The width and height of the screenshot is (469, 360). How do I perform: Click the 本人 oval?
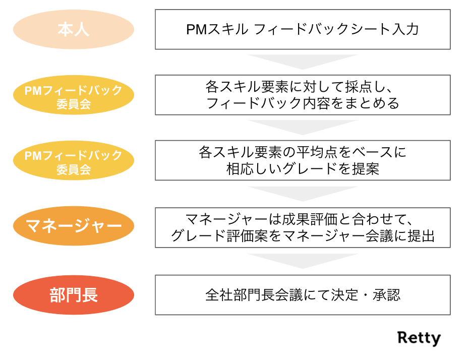click(73, 29)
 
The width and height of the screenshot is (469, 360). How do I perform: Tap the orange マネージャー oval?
click(73, 226)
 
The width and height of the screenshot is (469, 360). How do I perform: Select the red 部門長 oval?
click(73, 295)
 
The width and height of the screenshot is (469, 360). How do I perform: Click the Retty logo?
click(419, 338)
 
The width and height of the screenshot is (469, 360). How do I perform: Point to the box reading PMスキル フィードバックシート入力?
click(303, 29)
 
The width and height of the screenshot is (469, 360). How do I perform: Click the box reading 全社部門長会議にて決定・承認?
click(303, 295)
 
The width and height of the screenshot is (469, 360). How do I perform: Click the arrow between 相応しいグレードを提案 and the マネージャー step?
click(303, 193)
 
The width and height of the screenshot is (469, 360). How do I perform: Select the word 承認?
click(387, 295)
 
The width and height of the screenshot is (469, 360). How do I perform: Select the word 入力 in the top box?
click(405, 29)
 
